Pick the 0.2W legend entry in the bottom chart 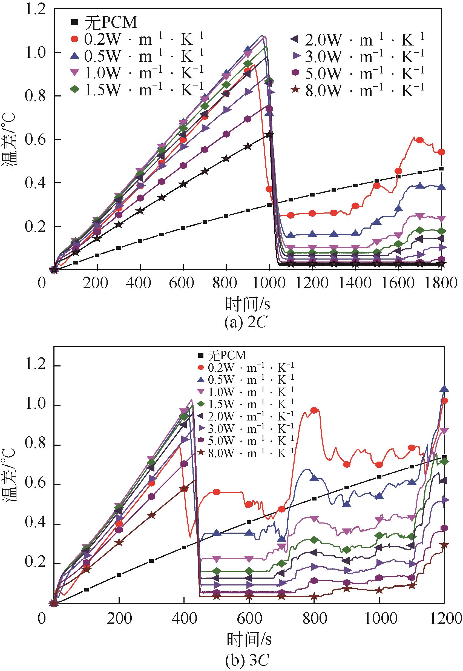coord(246,368)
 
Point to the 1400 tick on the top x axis coord(355,283)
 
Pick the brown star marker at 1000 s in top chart coord(269,134)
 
